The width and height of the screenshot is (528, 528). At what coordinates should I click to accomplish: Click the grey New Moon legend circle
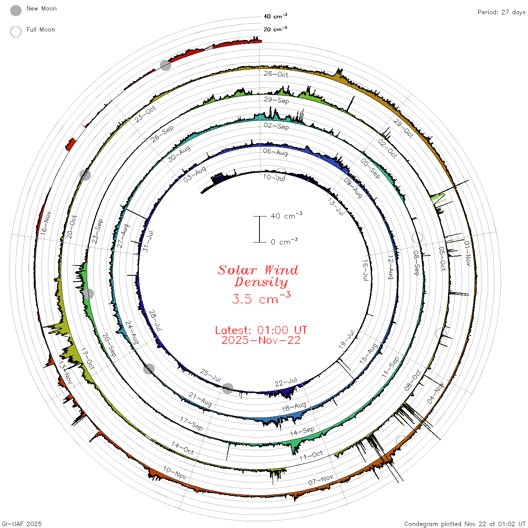pos(15,11)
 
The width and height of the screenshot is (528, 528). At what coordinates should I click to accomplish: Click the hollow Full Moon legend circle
pos(15,32)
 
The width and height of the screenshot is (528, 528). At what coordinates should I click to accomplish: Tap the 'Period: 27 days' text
pos(501,12)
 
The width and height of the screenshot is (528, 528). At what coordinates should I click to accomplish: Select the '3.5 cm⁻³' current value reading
pos(261,298)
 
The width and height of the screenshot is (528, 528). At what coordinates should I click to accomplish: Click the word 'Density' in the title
pos(261,282)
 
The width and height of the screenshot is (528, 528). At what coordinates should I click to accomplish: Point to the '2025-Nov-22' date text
pos(261,340)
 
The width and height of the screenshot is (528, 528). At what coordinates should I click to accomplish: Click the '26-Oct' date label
pos(276,74)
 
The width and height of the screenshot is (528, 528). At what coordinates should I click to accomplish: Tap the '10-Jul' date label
pos(274,178)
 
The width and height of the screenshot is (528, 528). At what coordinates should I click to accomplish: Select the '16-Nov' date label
pos(46,223)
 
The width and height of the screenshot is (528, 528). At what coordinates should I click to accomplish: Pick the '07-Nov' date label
pos(320,480)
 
